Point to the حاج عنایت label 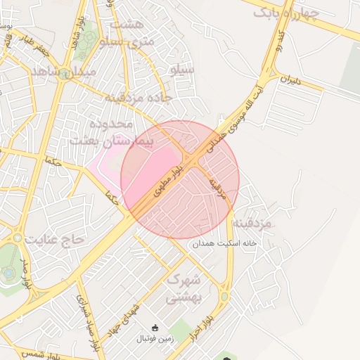pyautogui.click(x=54, y=239)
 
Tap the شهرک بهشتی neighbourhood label pyautogui.click(x=184, y=288)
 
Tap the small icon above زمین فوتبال pyautogui.click(x=155, y=328)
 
